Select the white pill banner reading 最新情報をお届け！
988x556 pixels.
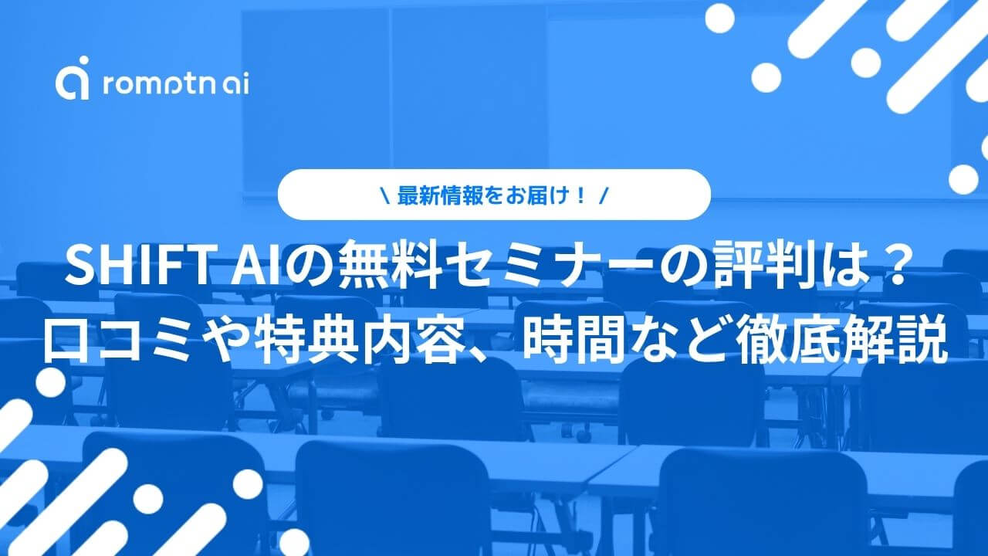pos(494,194)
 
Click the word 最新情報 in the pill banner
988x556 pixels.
pos(440,195)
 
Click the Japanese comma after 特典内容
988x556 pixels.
pos(481,354)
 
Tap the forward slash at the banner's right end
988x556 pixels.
pos(604,196)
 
